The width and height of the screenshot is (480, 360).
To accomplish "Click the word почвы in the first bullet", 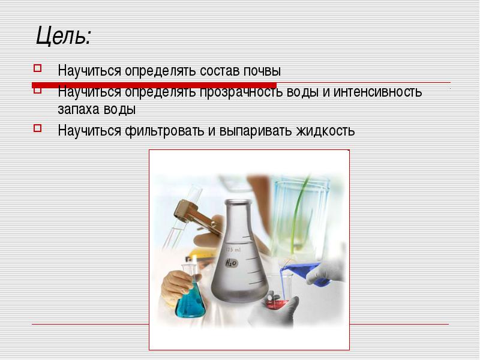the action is coord(262,71).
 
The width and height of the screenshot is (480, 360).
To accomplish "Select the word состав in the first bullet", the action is coord(220,71).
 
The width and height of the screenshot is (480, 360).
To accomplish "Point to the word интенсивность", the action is coord(377,92).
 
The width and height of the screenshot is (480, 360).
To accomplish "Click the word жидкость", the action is coord(325,131).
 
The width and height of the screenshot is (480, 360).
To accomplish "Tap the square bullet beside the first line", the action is coord(37,68).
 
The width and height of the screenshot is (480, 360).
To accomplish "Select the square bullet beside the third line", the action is coord(37,128).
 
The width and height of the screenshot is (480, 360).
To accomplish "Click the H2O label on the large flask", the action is coord(231,263).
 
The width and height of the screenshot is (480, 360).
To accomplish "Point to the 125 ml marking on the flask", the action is coord(233,250).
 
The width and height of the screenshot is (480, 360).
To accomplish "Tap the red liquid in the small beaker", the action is coord(277,305).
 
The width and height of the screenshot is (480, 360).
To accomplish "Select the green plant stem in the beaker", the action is coord(298,214).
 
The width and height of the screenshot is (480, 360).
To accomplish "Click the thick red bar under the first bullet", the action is coord(154,85).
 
